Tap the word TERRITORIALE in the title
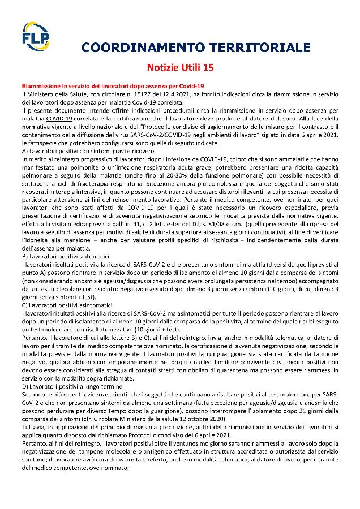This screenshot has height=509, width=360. [x=261, y=47]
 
